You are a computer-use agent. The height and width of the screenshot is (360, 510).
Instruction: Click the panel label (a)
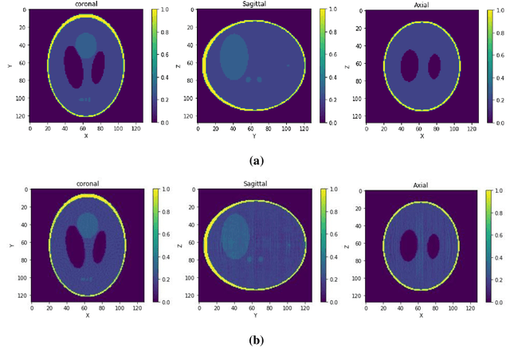click(x=256, y=161)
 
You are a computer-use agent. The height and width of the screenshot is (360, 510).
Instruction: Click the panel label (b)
click(x=256, y=340)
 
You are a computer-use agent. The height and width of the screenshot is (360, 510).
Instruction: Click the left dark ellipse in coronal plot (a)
click(x=73, y=66)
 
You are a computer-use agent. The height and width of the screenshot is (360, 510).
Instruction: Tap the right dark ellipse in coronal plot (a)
click(x=99, y=67)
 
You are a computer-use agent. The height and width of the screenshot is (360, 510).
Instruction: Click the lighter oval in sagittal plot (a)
click(x=234, y=56)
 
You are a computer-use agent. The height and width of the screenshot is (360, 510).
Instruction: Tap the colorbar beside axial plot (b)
click(x=489, y=246)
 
